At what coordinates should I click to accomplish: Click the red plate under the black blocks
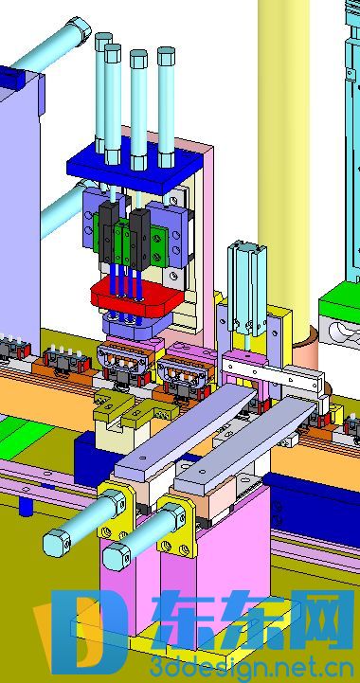[136, 297]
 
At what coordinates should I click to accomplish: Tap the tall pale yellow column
[283, 166]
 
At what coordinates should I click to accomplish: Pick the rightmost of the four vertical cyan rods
[166, 107]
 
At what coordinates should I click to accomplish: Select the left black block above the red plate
[108, 233]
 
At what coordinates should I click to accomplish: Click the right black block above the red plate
[140, 239]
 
